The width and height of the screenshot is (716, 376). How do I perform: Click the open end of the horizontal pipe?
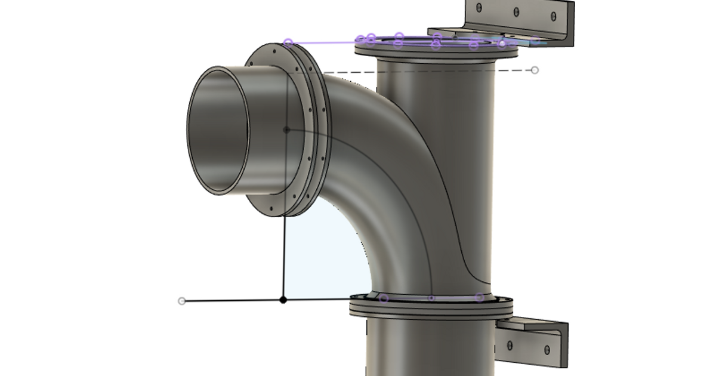tap(218, 130)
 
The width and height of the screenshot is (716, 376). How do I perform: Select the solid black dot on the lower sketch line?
tap(283, 300)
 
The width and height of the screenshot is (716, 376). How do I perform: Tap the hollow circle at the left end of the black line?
tap(182, 301)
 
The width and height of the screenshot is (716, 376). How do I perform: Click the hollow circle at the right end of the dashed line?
tap(535, 70)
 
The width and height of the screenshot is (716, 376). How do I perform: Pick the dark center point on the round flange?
tap(286, 130)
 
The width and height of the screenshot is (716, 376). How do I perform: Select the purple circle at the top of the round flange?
tap(288, 42)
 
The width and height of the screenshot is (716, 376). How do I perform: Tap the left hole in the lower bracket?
tap(511, 345)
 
